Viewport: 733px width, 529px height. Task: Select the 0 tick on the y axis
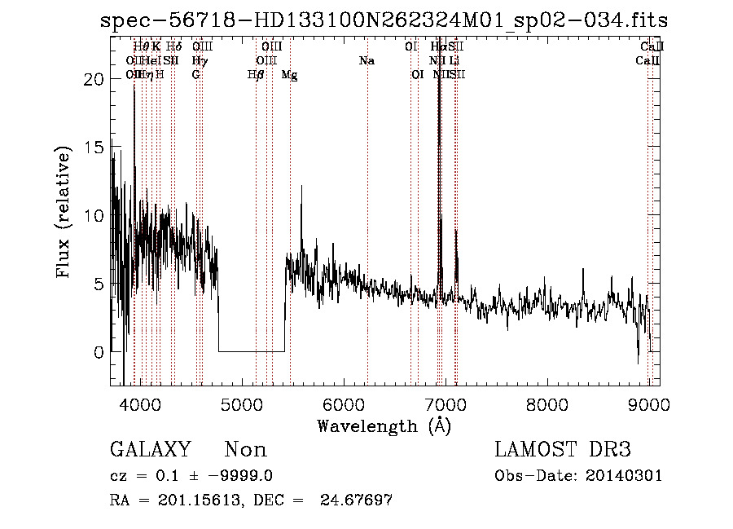(99, 354)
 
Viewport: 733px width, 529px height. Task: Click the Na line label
(366, 61)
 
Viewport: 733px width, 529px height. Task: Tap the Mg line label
(289, 75)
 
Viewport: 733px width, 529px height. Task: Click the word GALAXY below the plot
(151, 450)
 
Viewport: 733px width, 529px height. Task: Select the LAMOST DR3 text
(563, 450)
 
